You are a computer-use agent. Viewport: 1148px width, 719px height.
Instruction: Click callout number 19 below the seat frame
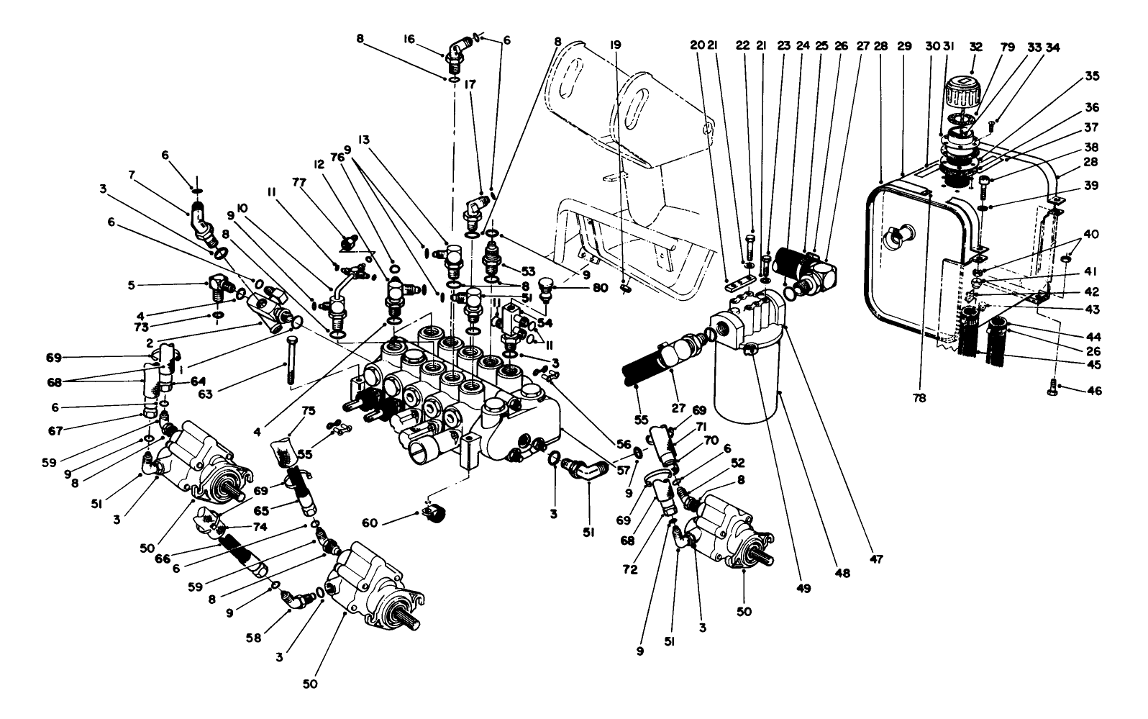(615, 45)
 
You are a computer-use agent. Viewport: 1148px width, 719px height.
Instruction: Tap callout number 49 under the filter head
(803, 588)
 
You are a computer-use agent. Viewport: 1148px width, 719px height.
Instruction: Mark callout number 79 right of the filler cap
(1006, 45)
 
